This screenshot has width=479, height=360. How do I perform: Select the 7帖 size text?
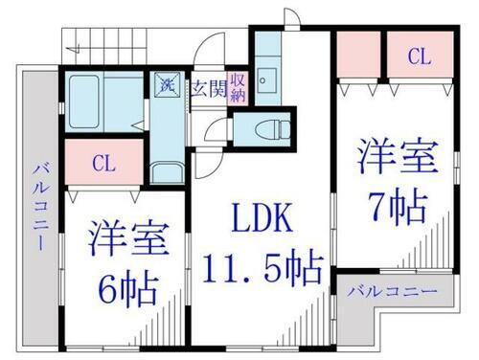click(x=395, y=202)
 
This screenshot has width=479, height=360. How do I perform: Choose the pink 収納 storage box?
click(x=238, y=88)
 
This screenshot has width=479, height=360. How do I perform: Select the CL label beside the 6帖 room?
click(x=103, y=163)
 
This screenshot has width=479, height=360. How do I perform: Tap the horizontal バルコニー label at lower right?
click(x=393, y=290)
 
